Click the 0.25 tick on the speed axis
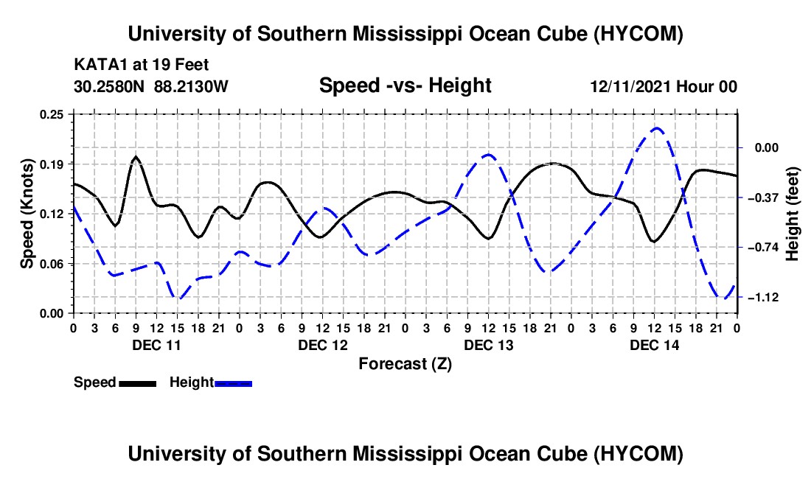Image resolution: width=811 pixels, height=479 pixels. pos(52,114)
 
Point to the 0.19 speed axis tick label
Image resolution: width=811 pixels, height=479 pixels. pos(52,164)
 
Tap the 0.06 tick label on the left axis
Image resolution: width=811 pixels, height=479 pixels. pos(52,264)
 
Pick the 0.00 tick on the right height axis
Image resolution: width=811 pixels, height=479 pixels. pos(767,148)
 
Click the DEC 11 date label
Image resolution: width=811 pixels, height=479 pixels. pos(157,345)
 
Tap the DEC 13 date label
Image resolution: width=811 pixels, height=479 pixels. pos(489,345)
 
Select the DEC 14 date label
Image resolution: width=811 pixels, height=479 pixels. pos(654,345)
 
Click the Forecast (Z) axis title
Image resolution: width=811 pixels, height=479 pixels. pos(405,364)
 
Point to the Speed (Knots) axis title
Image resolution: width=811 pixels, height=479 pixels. pos(27,214)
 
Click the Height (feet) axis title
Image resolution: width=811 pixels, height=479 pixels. pos(793,214)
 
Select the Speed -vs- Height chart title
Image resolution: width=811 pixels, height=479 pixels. pos(405,85)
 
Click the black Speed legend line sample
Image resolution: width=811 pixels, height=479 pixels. pos(138,383)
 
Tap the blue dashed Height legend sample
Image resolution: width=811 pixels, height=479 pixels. pos(233,383)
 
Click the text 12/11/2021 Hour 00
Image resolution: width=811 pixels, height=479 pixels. pos(664,86)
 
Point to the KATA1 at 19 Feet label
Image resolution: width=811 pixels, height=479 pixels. pos(142,65)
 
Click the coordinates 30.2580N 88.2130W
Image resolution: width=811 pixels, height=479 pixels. pos(151,86)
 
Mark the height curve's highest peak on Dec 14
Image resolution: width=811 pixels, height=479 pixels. pos(656,127)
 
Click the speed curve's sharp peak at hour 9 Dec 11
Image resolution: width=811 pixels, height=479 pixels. pos(136,156)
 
